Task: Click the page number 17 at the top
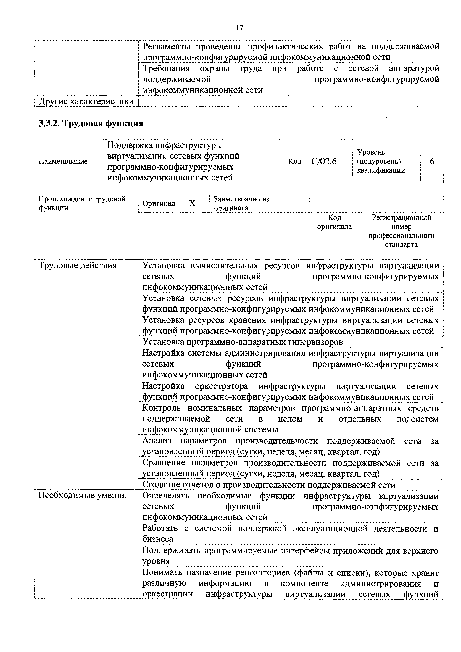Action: point(239,28)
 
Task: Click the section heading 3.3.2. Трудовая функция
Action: point(91,124)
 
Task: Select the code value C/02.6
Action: point(324,162)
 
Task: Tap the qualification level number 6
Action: point(432,162)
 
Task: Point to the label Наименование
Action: point(63,162)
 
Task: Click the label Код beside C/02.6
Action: point(295,162)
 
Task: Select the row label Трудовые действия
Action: point(78,266)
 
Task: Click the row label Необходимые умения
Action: point(82,496)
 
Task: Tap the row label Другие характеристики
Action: point(86,101)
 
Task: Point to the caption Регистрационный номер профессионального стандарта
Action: point(401,231)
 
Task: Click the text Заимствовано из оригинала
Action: point(241,203)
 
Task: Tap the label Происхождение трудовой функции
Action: point(82,203)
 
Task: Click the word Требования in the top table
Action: point(166,68)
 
